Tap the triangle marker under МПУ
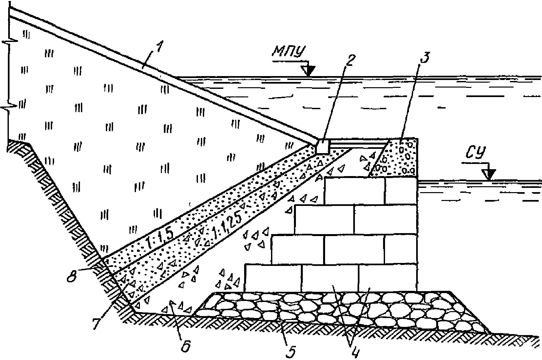coord(308,71)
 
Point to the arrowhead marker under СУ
coord(490,175)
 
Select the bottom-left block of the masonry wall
coord(273,278)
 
